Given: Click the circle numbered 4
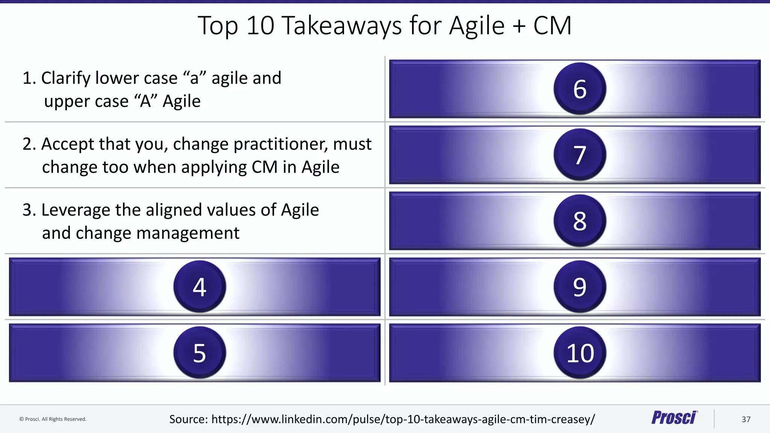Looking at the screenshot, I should point(200,287).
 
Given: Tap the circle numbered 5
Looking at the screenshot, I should point(200,353).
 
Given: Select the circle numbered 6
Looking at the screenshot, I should point(580,89).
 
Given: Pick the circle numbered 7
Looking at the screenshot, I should point(580,154).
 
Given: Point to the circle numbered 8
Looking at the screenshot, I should point(580,221).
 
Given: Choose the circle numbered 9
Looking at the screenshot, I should point(580,287).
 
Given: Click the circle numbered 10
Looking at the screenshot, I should point(580,353).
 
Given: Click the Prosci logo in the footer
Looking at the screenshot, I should point(674,418).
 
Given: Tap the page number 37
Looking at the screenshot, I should point(746,419).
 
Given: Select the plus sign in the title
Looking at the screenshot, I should point(518,26).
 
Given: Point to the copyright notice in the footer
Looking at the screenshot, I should point(53,419).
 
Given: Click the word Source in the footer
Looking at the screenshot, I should point(188,419).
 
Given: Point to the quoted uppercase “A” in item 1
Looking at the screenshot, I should point(146,101).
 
